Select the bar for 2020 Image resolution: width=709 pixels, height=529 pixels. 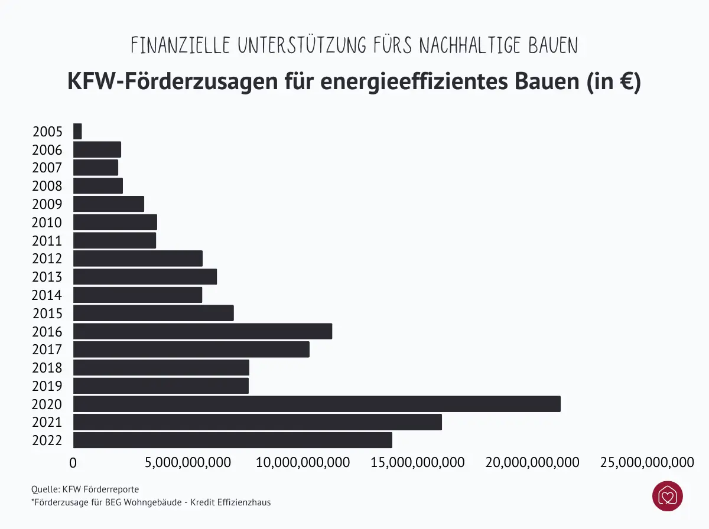(x=317, y=404)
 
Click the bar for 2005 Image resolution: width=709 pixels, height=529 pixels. (x=77, y=131)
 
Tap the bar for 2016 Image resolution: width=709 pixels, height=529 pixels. (x=203, y=331)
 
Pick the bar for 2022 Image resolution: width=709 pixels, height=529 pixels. (x=233, y=440)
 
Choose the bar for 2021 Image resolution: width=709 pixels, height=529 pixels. (x=258, y=422)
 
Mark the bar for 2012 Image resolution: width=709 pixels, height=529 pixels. (x=138, y=259)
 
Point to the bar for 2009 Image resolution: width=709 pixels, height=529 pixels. (x=109, y=204)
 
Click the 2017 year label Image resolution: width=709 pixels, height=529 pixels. (x=47, y=350)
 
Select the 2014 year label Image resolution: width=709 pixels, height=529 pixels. (x=47, y=295)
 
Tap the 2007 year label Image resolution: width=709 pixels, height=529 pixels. (x=47, y=168)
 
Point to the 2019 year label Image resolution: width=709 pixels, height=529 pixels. (x=47, y=386)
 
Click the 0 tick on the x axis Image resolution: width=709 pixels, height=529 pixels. (x=73, y=462)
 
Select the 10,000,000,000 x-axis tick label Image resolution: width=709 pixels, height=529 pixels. (x=303, y=462)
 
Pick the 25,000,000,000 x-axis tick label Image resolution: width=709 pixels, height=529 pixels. (x=647, y=462)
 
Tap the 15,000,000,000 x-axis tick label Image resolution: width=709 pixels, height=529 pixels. (x=418, y=462)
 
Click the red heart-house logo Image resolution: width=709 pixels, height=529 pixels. (x=667, y=496)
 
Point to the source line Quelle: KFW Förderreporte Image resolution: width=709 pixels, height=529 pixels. (x=85, y=489)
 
